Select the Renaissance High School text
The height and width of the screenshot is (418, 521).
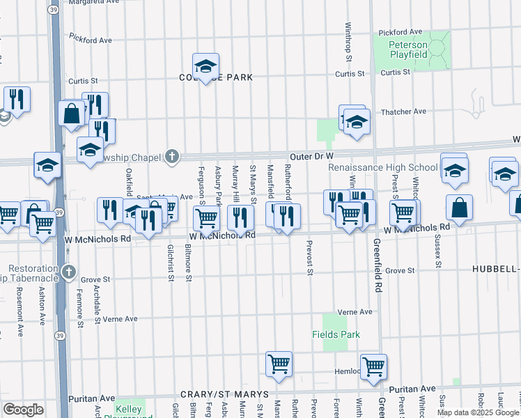pos(383,167)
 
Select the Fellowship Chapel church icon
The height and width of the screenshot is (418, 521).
pos(173,156)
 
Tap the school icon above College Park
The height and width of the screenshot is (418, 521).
pos(205,65)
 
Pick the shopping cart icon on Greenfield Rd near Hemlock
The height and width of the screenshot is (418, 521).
pos(374,366)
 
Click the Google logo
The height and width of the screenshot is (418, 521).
pos(23,410)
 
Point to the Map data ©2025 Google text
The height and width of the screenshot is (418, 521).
pos(478,412)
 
